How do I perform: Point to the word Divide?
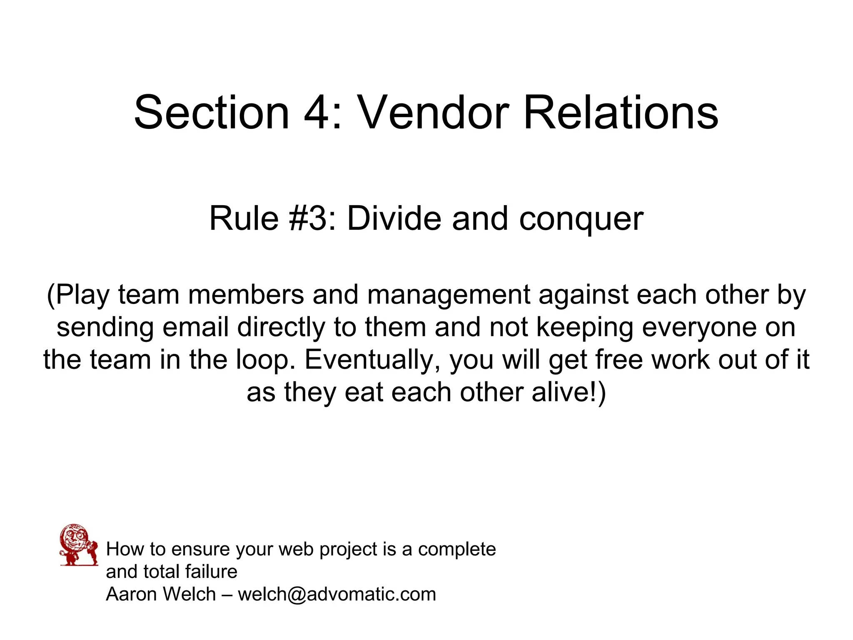394,218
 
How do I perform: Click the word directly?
281,328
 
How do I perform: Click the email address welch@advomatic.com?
337,594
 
